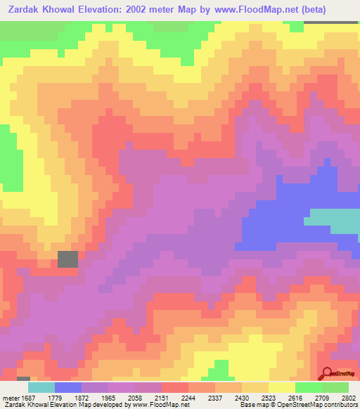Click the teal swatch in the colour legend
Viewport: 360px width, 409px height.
tap(41, 387)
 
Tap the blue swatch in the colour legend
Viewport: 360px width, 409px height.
tap(67, 387)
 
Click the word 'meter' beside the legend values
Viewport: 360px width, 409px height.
tap(10, 397)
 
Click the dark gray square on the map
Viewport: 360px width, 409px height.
tap(67, 259)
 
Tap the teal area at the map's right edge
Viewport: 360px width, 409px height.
tap(336, 223)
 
